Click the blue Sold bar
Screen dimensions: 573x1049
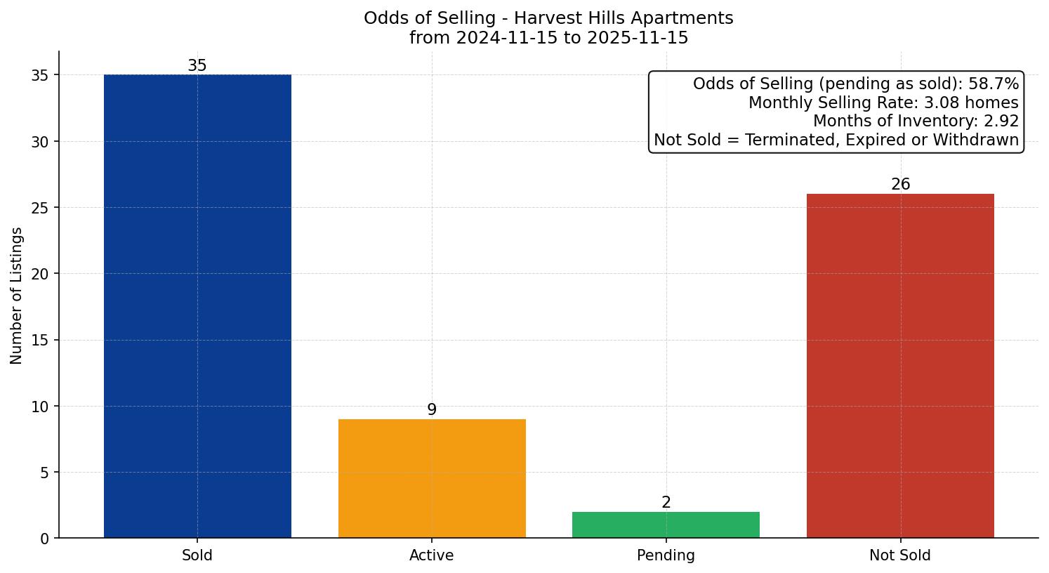pos(197,306)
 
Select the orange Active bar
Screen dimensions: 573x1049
pos(432,478)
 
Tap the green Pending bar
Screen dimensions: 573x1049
pos(666,525)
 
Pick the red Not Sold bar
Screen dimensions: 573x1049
pos(900,366)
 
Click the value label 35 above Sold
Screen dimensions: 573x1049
pos(197,66)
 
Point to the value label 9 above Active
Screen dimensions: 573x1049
pos(432,410)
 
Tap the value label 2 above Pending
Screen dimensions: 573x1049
pos(666,503)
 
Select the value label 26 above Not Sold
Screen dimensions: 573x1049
pos(900,185)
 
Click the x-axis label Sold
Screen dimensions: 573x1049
pos(197,555)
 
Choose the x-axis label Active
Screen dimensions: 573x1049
pos(432,555)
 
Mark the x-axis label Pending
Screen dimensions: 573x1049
pos(666,555)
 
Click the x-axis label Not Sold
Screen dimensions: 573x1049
pos(900,555)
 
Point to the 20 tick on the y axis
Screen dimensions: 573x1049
pos(41,274)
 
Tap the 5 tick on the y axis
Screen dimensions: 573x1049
pos(45,473)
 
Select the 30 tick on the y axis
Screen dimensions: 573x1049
pos(41,142)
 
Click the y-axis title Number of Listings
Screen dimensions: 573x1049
pos(17,296)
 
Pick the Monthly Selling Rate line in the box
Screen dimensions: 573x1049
pos(883,103)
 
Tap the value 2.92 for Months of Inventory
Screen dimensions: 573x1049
pos(1001,121)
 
